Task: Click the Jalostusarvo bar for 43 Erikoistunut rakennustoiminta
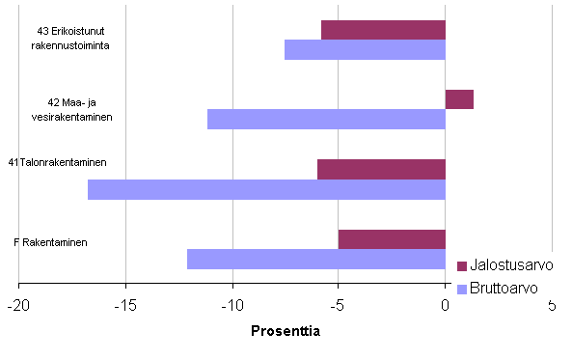coord(383,30)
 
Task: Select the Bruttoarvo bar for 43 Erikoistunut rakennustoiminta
coord(365,49)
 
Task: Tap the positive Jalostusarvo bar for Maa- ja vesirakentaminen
coord(459,99)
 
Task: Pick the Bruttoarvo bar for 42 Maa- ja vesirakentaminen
coord(326,119)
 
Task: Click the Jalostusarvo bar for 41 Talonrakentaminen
coord(381,169)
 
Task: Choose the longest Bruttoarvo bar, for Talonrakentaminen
coord(266,189)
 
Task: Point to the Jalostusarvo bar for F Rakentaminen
coord(392,239)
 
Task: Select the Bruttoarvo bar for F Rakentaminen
coord(316,259)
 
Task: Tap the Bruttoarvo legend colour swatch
coord(461,289)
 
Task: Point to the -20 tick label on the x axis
coord(18,306)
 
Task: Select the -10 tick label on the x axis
coord(232,306)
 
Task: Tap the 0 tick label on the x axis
coord(446,306)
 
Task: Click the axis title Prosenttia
coord(285,331)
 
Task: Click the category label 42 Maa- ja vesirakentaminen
coord(70,109)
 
